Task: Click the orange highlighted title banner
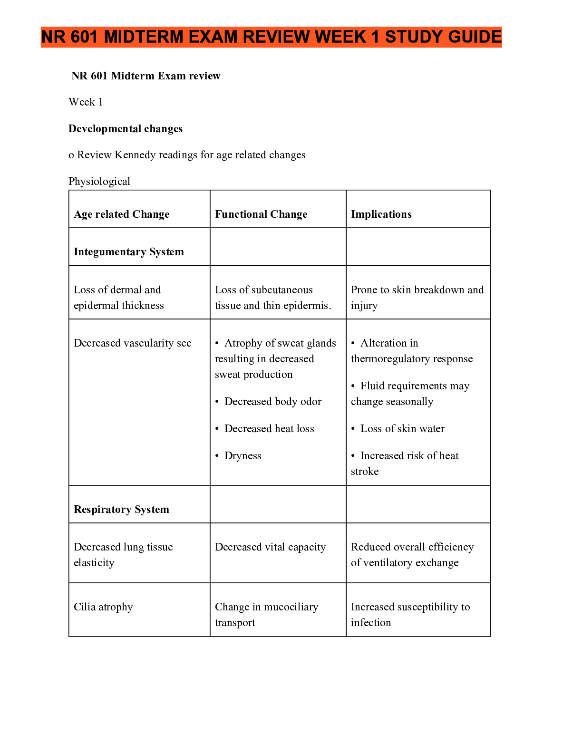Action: pyautogui.click(x=271, y=37)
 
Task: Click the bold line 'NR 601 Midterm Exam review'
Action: pyautogui.click(x=146, y=76)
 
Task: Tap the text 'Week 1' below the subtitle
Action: pyautogui.click(x=86, y=102)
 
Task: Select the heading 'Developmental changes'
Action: pyautogui.click(x=126, y=129)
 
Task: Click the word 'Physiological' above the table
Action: pyautogui.click(x=99, y=182)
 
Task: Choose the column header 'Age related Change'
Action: pyautogui.click(x=122, y=214)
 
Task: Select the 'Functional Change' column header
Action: pyautogui.click(x=261, y=214)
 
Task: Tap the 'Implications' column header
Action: pyautogui.click(x=381, y=214)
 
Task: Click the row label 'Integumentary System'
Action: pyautogui.click(x=129, y=252)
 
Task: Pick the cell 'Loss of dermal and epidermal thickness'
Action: pyautogui.click(x=118, y=298)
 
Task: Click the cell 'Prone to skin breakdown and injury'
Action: pyautogui.click(x=417, y=298)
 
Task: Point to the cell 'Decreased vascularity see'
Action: pyautogui.click(x=133, y=343)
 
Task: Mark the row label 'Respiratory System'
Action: pyautogui.click(x=121, y=510)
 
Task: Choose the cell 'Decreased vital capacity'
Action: pyautogui.click(x=271, y=547)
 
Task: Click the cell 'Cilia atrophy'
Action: pyautogui.click(x=103, y=607)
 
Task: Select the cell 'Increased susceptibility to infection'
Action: pyautogui.click(x=410, y=615)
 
